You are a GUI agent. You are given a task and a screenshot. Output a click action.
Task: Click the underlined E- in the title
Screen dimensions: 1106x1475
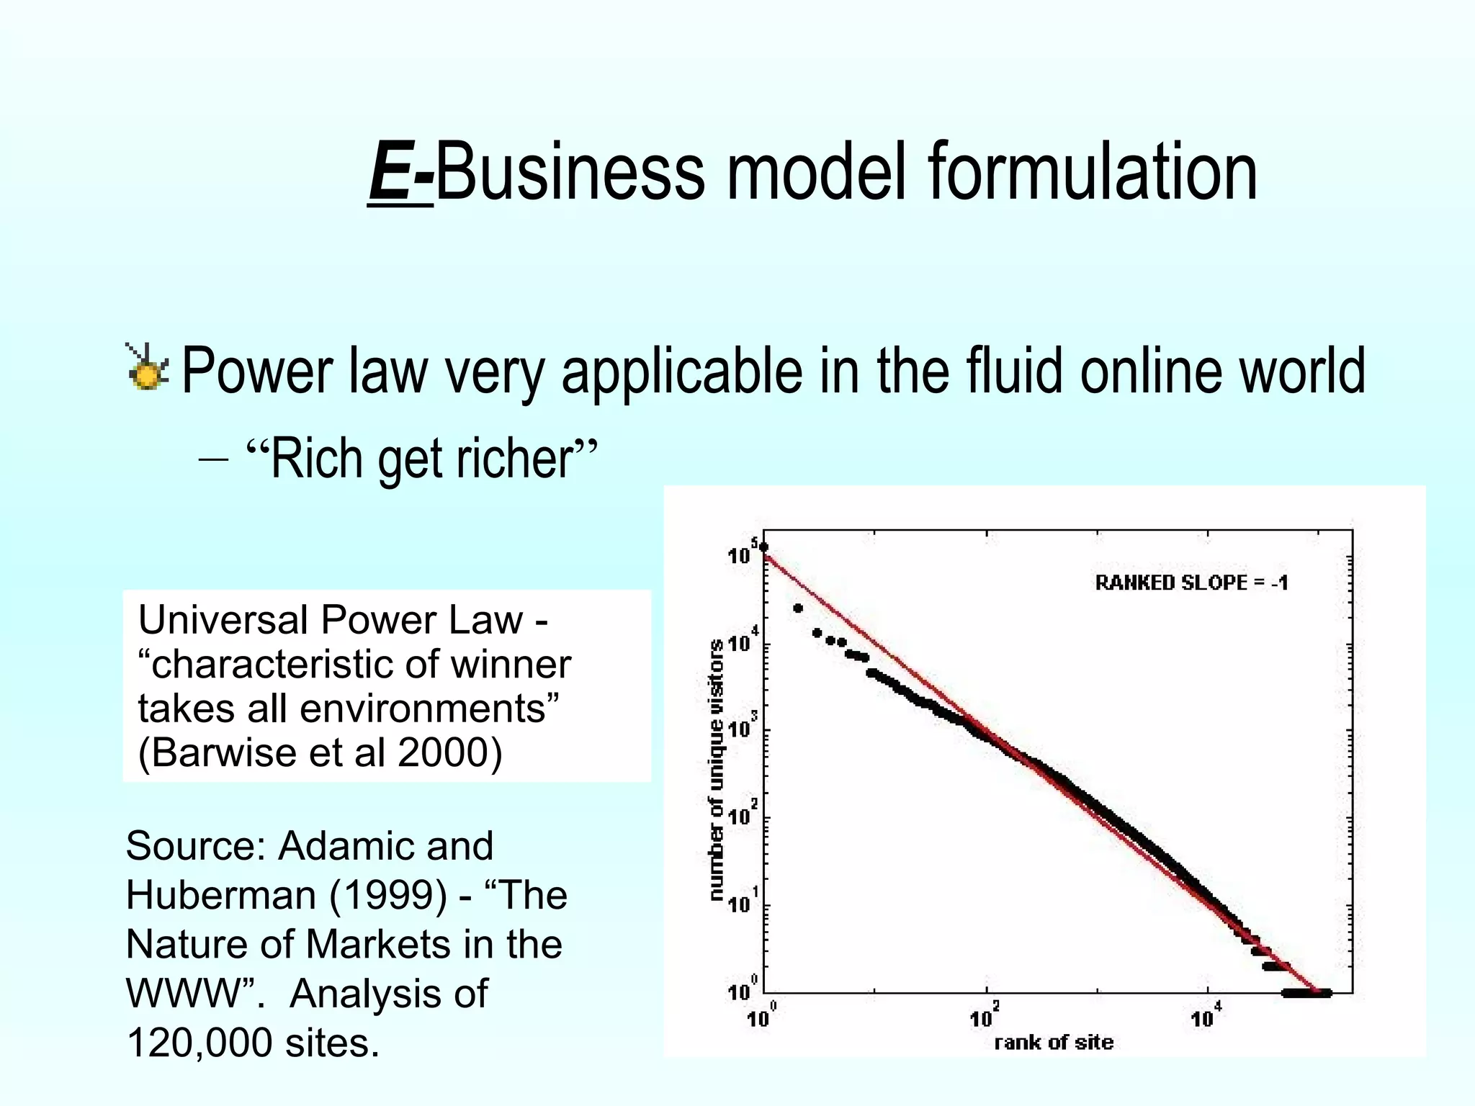(400, 173)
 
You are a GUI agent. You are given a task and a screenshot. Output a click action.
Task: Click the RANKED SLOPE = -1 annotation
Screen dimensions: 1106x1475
(1191, 583)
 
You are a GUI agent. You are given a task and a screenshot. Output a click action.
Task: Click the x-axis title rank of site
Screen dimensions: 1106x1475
(1053, 1042)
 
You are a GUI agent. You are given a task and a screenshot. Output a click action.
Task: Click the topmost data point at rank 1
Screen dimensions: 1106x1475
(763, 547)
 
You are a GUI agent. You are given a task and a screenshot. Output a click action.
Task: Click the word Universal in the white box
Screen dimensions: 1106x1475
(223, 620)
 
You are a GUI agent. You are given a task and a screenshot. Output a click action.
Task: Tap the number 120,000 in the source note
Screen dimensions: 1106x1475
(199, 1042)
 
